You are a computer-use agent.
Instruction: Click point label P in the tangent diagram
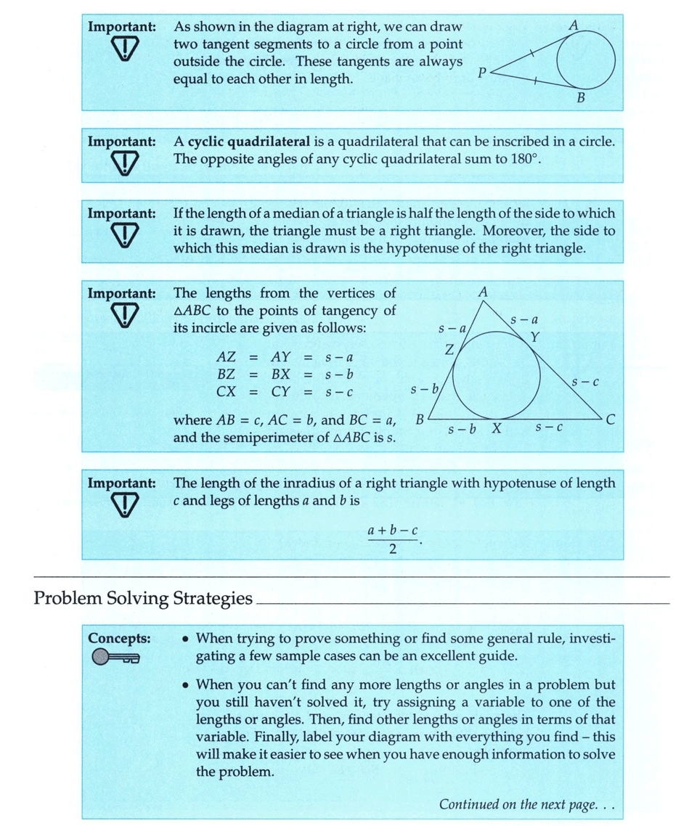click(481, 73)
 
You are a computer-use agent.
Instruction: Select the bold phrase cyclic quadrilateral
click(249, 142)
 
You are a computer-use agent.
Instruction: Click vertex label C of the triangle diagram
click(611, 420)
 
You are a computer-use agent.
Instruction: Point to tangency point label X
click(497, 428)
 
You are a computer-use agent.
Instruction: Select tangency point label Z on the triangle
click(449, 350)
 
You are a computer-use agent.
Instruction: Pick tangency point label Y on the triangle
click(535, 337)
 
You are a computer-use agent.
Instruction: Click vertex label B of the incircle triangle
click(420, 420)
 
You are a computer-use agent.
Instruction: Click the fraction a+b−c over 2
click(394, 539)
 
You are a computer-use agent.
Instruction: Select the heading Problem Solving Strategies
click(143, 599)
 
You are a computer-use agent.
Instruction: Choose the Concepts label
click(119, 639)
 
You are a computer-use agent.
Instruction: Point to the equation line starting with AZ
click(285, 357)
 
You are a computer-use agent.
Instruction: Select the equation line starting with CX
click(285, 393)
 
